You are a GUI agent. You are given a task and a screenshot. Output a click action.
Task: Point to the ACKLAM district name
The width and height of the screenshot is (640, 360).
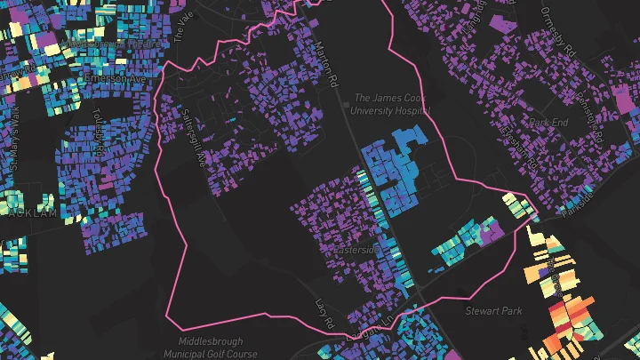[x=33, y=213]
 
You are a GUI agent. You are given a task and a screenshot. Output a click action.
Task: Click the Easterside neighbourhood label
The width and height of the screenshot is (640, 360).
[x=356, y=251]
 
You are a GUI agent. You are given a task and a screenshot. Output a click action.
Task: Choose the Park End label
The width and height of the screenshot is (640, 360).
[x=547, y=121]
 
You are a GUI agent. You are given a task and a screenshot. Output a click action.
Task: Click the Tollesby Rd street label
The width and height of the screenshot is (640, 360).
[x=99, y=129]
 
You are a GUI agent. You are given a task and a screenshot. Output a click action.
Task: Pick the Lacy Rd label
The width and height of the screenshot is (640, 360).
[x=322, y=311]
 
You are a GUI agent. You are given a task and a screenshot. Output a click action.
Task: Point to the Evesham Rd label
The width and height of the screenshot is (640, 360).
[x=524, y=147]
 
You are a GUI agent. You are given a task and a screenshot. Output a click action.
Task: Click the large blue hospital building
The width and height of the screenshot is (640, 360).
[x=396, y=169]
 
